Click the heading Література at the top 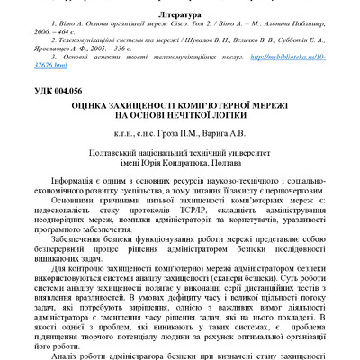pos(181,15)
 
